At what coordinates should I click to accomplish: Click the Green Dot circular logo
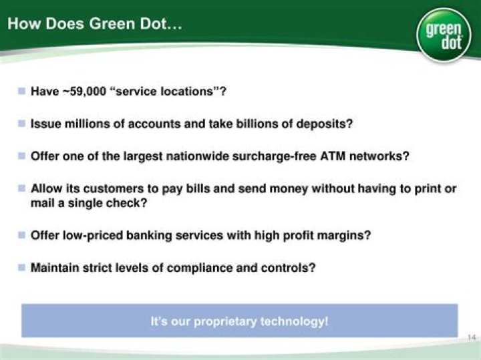(444, 35)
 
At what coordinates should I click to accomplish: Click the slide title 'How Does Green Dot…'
(94, 23)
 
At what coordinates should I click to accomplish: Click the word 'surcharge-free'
(274, 156)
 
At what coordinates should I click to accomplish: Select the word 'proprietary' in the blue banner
(225, 322)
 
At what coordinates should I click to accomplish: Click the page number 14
(472, 337)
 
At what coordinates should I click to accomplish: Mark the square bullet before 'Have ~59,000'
(21, 91)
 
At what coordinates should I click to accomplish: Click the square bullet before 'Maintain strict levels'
(21, 267)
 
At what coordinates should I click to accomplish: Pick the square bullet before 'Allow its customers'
(21, 188)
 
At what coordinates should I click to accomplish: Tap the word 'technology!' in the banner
(294, 321)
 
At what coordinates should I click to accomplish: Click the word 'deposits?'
(325, 124)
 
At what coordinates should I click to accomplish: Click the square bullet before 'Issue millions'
(21, 124)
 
